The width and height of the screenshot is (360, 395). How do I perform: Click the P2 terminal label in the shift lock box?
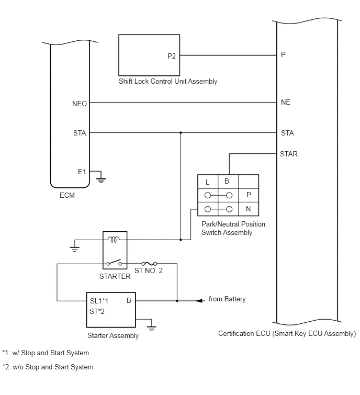(171, 56)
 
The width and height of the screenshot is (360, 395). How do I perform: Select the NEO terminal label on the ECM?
(80, 104)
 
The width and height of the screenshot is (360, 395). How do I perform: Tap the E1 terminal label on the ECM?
(82, 172)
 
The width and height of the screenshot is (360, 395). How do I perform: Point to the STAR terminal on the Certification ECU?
(289, 154)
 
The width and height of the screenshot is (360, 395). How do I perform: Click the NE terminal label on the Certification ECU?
(285, 102)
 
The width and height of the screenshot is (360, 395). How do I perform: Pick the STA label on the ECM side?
(80, 133)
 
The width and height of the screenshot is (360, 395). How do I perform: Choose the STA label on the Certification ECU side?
(287, 133)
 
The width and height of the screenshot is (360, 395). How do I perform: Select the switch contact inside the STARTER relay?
(114, 263)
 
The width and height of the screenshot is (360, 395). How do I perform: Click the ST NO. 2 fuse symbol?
(150, 264)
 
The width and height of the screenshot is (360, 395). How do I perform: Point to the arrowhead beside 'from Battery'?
(199, 300)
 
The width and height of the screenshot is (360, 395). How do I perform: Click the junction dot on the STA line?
(181, 132)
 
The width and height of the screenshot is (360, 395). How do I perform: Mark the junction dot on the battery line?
(177, 301)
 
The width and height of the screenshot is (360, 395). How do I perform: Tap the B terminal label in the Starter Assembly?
(129, 300)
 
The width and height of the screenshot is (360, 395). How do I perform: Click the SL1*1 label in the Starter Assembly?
(99, 301)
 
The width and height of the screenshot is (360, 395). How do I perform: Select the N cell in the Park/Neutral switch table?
(249, 209)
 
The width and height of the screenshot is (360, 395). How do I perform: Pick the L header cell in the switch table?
(208, 182)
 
